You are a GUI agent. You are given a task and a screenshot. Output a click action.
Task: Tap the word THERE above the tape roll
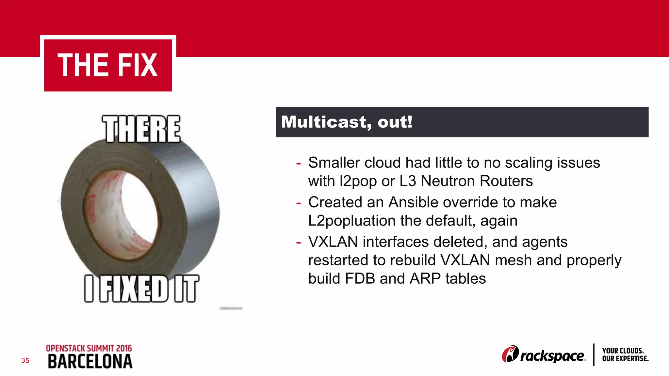[141, 129]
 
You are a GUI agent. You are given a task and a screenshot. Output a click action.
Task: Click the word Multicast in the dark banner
[326, 122]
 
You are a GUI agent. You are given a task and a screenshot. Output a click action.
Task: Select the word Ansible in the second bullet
[414, 202]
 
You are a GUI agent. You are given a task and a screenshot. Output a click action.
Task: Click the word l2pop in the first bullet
[358, 181]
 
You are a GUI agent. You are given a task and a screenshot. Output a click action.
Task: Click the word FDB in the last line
[360, 279]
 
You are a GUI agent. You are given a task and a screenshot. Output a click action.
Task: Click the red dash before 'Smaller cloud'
[298, 163]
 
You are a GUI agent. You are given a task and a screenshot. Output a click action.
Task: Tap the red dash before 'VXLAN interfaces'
[298, 242]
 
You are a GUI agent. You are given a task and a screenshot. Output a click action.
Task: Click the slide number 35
[25, 361]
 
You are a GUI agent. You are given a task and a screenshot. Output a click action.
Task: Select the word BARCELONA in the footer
[90, 362]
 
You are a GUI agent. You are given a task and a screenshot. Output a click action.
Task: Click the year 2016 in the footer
[124, 348]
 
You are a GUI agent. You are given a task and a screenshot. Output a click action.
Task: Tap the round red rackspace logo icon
[510, 354]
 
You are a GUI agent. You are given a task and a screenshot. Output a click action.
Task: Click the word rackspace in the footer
[552, 356]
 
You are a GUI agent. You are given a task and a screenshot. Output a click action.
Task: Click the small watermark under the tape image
[231, 308]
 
